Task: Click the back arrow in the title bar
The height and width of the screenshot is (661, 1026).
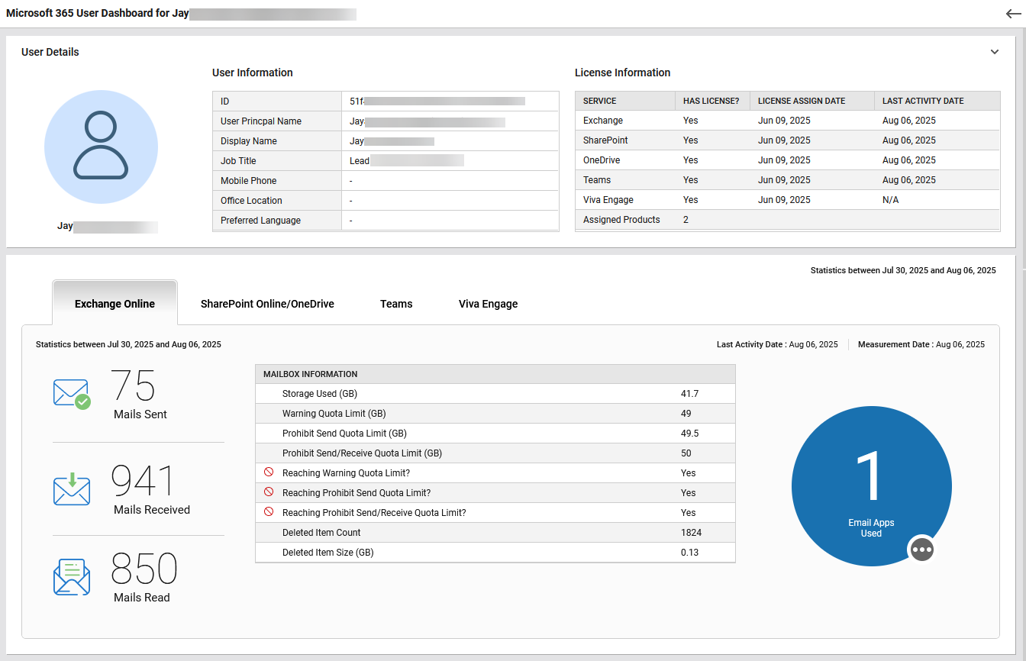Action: pyautogui.click(x=1013, y=14)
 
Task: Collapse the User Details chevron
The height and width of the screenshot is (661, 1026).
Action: pyautogui.click(x=995, y=52)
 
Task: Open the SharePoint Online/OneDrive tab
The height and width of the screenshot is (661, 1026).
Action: pyautogui.click(x=267, y=304)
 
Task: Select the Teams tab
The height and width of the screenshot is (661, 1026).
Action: pyautogui.click(x=396, y=304)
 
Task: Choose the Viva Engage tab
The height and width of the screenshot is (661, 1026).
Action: pyautogui.click(x=488, y=304)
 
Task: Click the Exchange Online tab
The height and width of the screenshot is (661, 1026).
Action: pyautogui.click(x=115, y=304)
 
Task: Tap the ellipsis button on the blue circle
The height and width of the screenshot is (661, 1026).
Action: pyautogui.click(x=922, y=550)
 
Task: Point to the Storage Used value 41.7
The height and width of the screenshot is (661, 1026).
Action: pyautogui.click(x=689, y=394)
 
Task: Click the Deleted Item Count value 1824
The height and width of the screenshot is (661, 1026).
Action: pyautogui.click(x=691, y=533)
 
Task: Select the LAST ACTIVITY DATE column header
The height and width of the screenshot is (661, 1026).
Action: pyautogui.click(x=923, y=101)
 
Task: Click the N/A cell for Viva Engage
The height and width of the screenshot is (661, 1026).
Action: pyautogui.click(x=890, y=200)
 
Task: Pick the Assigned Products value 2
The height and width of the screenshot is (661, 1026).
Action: pyautogui.click(x=686, y=220)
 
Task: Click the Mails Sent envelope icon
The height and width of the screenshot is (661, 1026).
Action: pyautogui.click(x=72, y=394)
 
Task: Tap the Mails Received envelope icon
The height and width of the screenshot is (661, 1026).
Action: pyautogui.click(x=72, y=489)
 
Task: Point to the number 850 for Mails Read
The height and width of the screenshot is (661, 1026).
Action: pyautogui.click(x=144, y=569)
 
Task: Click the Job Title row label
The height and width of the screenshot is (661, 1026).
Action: pyautogui.click(x=238, y=161)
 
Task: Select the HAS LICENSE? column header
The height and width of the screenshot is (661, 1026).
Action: pyautogui.click(x=711, y=101)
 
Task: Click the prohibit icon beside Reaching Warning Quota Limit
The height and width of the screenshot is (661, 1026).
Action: pyautogui.click(x=269, y=473)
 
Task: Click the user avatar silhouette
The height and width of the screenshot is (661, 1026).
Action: pyautogui.click(x=101, y=147)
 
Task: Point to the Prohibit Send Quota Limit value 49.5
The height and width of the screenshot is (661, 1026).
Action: pyautogui.click(x=689, y=434)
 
